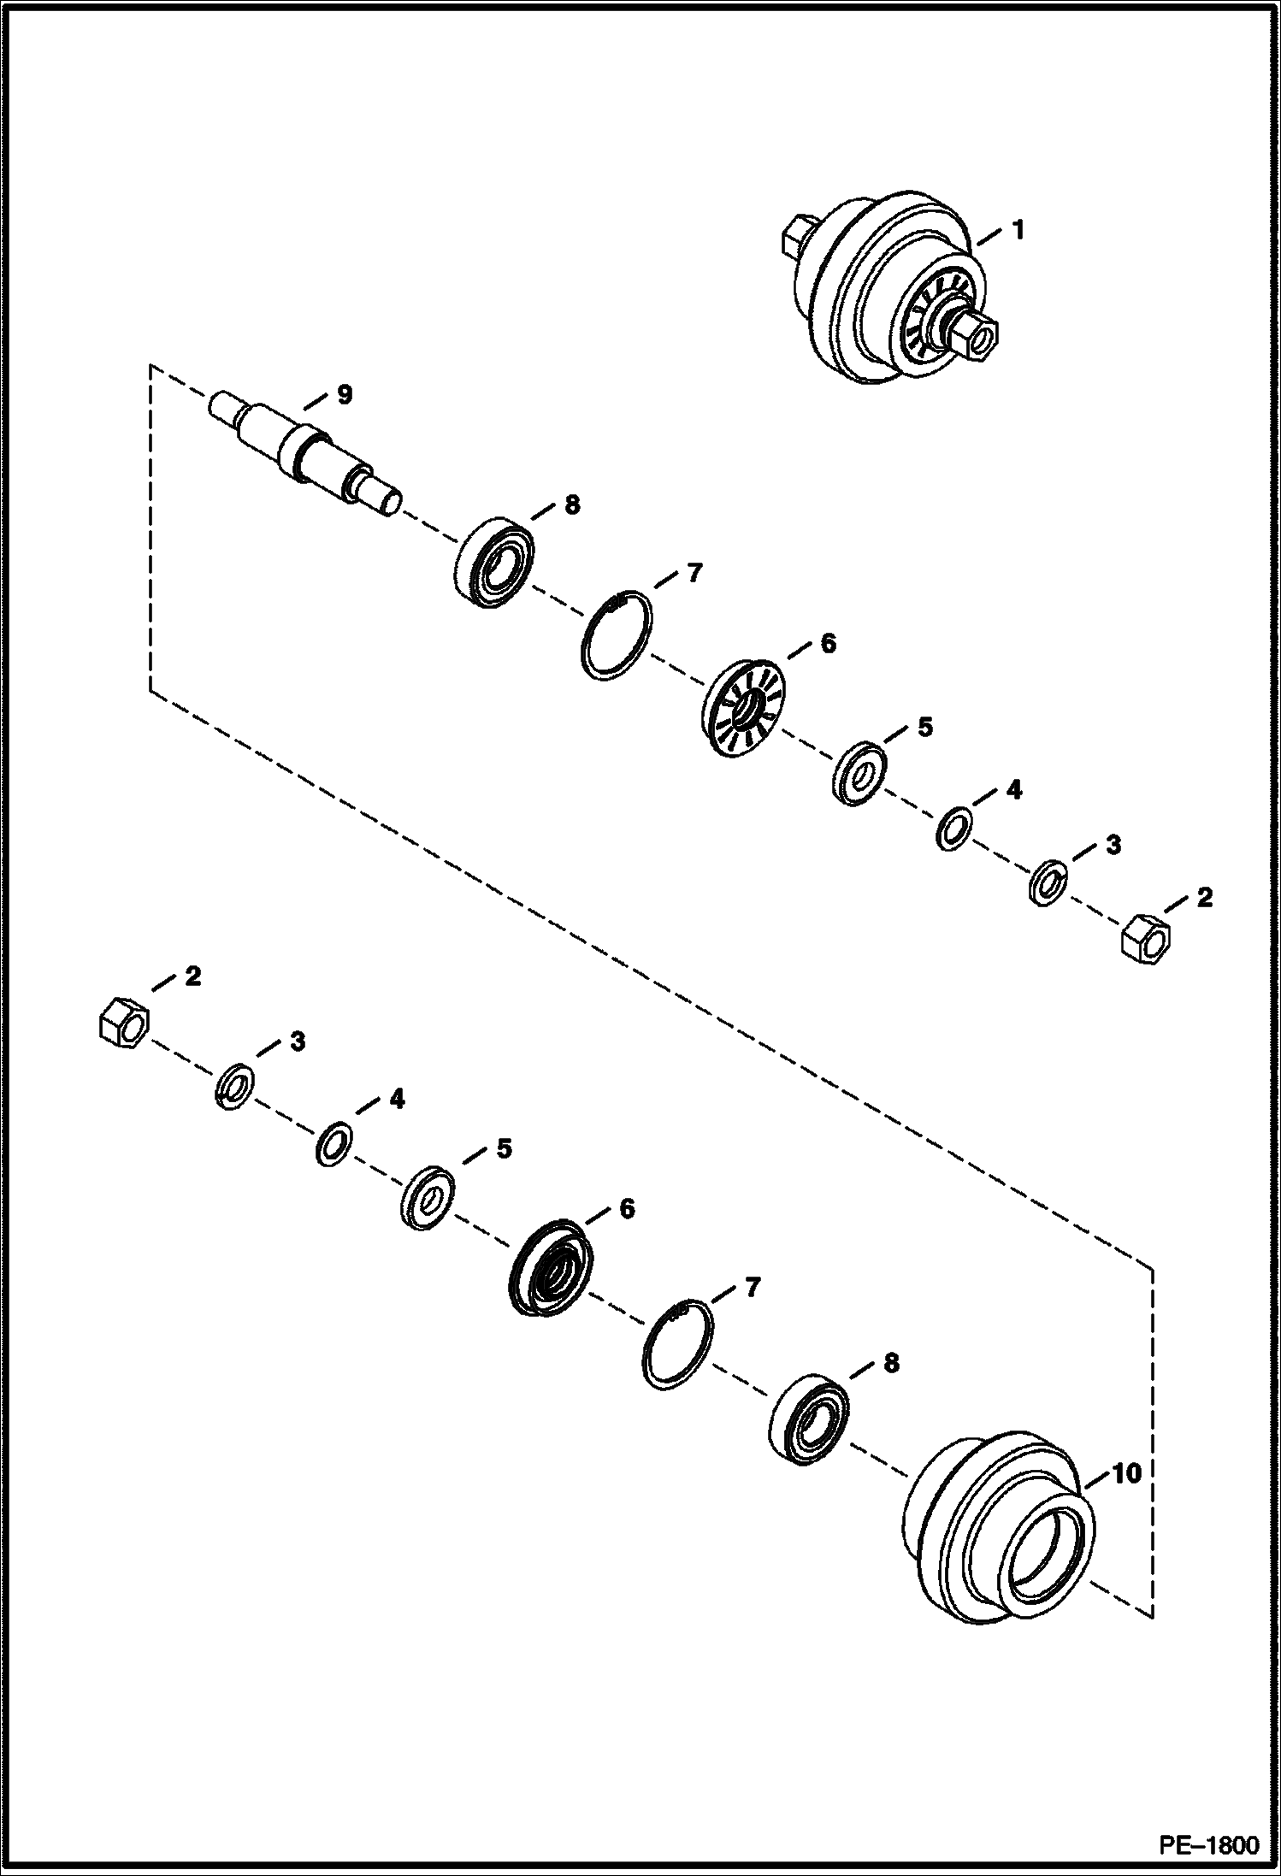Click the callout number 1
point(1018,230)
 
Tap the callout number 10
point(1126,1473)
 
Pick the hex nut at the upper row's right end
point(1144,939)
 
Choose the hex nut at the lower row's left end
point(123,1019)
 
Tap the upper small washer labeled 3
point(1045,882)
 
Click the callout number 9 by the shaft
point(343,394)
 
